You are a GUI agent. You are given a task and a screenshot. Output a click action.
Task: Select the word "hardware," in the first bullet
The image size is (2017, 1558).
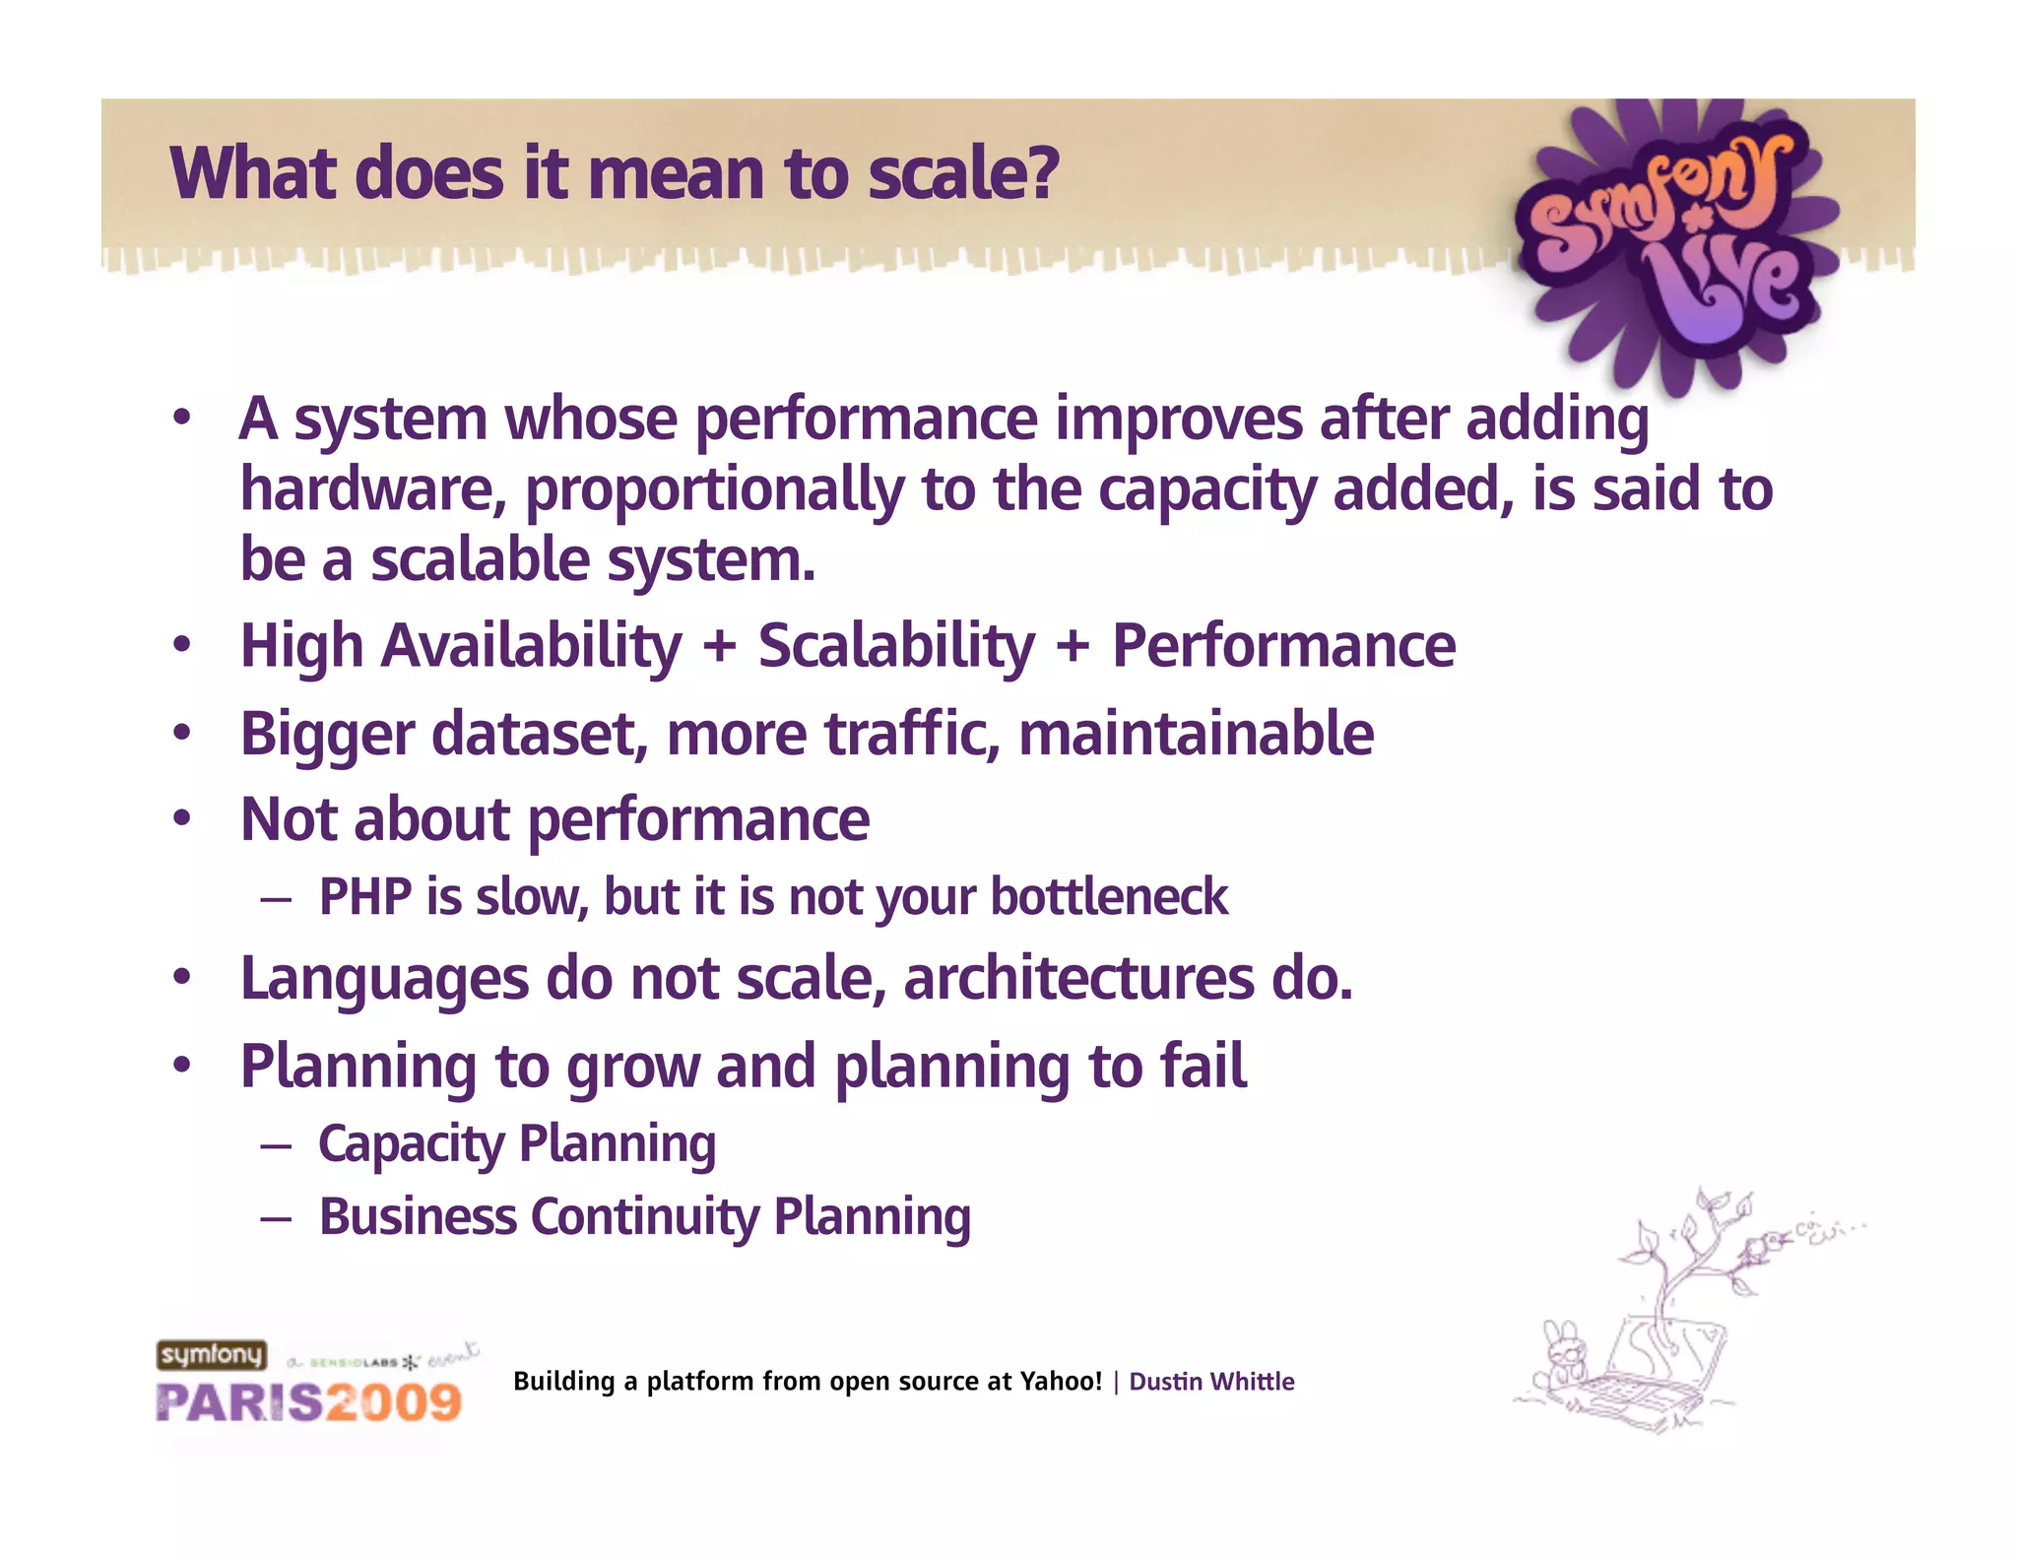(x=373, y=489)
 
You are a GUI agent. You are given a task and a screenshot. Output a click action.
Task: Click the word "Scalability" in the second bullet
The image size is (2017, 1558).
(x=896, y=646)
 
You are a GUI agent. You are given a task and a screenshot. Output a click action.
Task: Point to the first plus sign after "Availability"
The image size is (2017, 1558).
(x=720, y=648)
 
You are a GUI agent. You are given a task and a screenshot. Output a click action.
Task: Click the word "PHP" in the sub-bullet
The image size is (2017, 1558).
(x=364, y=897)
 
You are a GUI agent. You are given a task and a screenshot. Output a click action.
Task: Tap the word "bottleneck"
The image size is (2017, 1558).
(x=1109, y=897)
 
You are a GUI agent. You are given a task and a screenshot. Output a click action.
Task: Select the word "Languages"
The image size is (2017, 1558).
(x=384, y=980)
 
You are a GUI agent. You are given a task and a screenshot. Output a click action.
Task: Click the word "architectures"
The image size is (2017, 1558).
(x=1078, y=979)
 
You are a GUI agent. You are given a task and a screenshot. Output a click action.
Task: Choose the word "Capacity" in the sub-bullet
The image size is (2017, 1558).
(x=411, y=1144)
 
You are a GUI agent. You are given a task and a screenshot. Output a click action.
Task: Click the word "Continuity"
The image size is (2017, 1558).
(x=644, y=1217)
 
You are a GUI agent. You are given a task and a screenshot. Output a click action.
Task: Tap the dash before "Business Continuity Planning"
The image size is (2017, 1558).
(x=277, y=1219)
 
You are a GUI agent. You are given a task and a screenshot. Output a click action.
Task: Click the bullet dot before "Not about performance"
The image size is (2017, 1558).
(x=181, y=818)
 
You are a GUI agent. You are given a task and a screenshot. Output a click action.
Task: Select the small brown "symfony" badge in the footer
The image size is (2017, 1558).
(x=212, y=1355)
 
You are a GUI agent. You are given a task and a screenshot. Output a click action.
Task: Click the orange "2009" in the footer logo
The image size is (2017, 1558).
(x=394, y=1402)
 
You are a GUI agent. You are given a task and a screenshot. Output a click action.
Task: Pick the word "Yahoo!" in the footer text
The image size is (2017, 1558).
(x=1060, y=1382)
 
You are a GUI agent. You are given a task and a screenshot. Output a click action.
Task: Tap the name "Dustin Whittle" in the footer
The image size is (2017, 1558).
(x=1210, y=1382)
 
